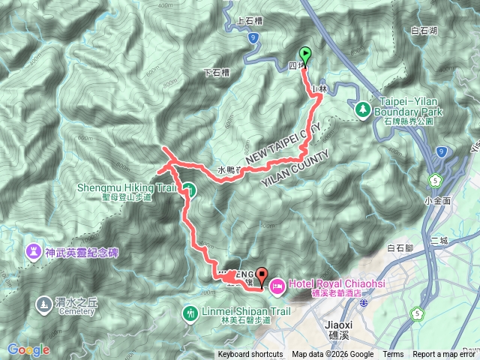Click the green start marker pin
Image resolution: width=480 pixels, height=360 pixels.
pyautogui.click(x=306, y=55)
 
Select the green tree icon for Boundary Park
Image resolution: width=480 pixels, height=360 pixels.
pyautogui.click(x=362, y=109)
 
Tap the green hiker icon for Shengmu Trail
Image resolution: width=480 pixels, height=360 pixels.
pyautogui.click(x=189, y=190)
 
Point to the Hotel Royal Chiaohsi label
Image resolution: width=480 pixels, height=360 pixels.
pyautogui.click(x=325, y=284)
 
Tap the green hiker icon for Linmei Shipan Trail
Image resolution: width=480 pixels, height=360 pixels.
pyautogui.click(x=189, y=312)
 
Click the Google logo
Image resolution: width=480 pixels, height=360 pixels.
pyautogui.click(x=28, y=349)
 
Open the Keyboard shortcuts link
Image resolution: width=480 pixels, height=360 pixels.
pyautogui.click(x=250, y=355)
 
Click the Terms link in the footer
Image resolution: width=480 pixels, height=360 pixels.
pyautogui.click(x=393, y=355)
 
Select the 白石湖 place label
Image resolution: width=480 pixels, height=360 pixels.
pyautogui.click(x=424, y=31)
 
